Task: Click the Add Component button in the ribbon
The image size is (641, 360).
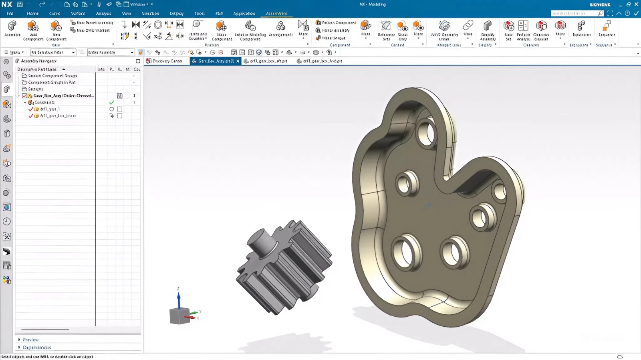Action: (x=33, y=30)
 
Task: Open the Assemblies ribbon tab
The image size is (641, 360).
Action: (x=276, y=13)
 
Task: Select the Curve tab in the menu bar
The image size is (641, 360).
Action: (x=54, y=13)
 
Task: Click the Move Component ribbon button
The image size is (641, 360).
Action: (x=222, y=30)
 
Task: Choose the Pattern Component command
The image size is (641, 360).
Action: (x=335, y=22)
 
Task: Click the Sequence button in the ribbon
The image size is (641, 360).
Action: (x=607, y=29)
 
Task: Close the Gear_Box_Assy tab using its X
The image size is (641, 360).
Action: (x=238, y=61)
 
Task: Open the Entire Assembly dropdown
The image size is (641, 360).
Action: (x=132, y=53)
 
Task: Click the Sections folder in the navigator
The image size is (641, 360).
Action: (x=35, y=89)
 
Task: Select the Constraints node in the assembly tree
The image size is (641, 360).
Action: (x=44, y=102)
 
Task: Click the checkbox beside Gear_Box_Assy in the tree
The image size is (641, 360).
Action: (x=24, y=96)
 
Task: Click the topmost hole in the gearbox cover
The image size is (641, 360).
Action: (x=426, y=133)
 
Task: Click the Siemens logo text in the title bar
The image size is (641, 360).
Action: (x=600, y=4)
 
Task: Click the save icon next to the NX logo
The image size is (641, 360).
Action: (x=20, y=4)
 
